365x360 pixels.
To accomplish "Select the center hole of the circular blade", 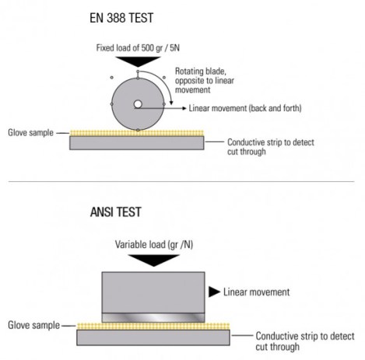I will pyautogui.click(x=137, y=103).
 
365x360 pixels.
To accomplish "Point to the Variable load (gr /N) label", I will pyautogui.click(x=154, y=243).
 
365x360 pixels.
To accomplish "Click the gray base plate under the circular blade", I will pyautogui.click(x=137, y=143).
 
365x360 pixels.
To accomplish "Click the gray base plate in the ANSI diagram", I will pyautogui.click(x=153, y=337).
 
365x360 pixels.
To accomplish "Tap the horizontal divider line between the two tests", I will pyautogui.click(x=182, y=183).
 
